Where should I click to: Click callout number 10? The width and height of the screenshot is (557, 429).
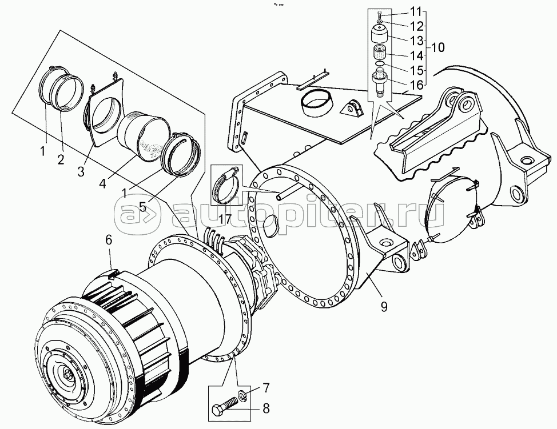(439, 47)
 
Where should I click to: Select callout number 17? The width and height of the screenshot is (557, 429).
(225, 219)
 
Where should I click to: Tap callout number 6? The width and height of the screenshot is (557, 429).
(109, 240)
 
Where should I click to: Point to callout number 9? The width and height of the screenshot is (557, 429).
(384, 307)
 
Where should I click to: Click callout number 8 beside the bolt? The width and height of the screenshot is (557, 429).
(266, 408)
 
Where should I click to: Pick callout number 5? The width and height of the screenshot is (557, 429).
(143, 207)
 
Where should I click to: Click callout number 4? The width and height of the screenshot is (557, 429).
(103, 184)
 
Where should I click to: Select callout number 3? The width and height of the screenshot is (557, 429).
(81, 172)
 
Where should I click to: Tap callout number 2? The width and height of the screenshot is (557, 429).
(61, 160)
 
